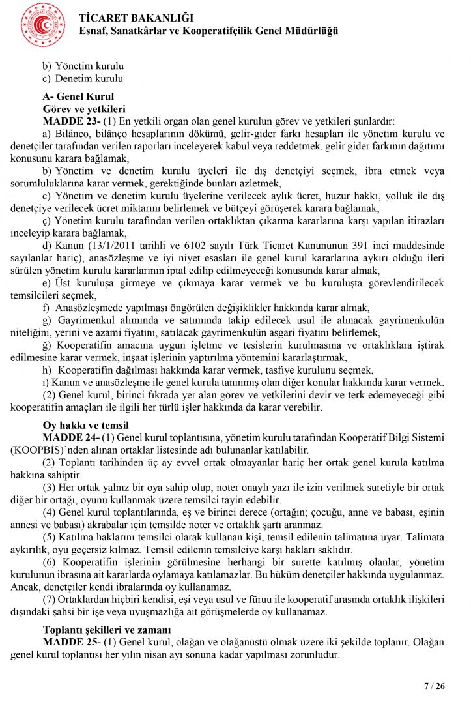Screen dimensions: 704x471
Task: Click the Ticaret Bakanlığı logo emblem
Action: click(42, 25)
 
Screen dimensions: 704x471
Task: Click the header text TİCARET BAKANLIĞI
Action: click(132, 18)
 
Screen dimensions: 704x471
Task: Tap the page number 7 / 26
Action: click(435, 686)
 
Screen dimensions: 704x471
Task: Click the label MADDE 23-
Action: click(71, 121)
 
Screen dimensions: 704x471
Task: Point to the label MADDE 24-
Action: click(71, 437)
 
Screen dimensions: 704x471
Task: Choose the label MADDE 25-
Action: click(71, 642)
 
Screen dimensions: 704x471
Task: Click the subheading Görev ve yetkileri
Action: click(83, 108)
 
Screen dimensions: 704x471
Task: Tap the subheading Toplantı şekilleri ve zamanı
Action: click(107, 630)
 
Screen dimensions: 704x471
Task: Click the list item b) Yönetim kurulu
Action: click(83, 66)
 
